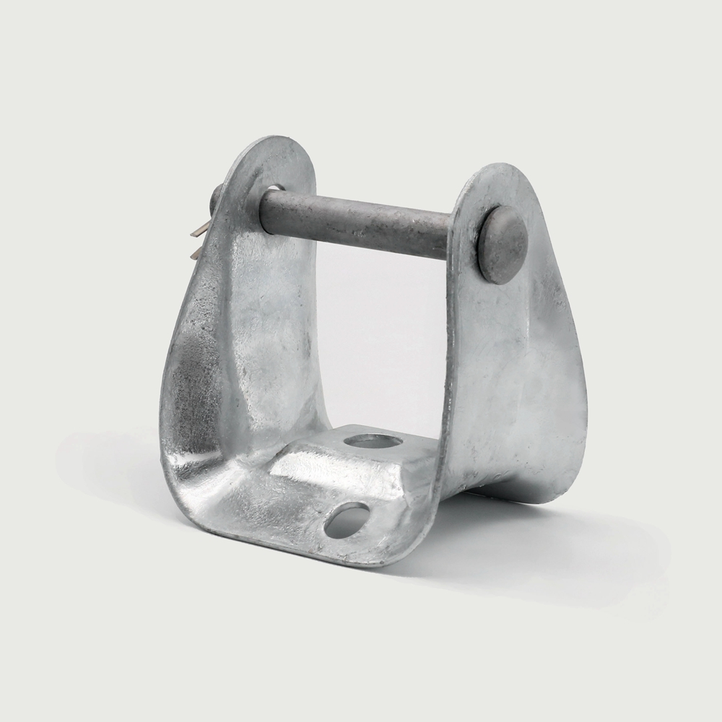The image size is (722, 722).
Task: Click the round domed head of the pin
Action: [503, 244]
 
